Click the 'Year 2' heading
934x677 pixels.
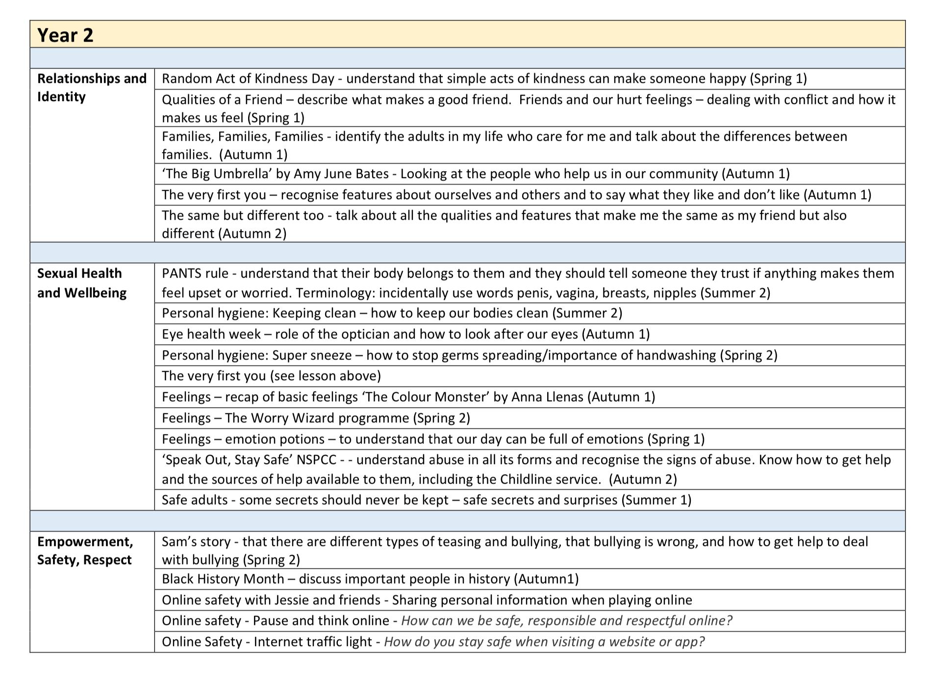pyautogui.click(x=65, y=35)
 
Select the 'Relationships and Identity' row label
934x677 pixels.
pyautogui.click(x=92, y=87)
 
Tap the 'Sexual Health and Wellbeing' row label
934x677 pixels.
pyautogui.click(x=81, y=283)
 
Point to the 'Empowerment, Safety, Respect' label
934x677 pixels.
pyautogui.click(x=85, y=550)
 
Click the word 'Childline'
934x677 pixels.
pyautogui.click(x=525, y=479)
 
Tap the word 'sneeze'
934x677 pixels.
pyautogui.click(x=331, y=355)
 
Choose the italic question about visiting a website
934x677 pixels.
pyautogui.click(x=544, y=642)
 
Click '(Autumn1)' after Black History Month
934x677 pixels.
pyautogui.click(x=546, y=579)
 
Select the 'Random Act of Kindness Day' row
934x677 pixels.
pyautogui.click(x=484, y=79)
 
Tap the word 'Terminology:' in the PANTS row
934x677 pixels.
pyautogui.click(x=335, y=293)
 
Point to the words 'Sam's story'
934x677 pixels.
pyautogui.click(x=196, y=542)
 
